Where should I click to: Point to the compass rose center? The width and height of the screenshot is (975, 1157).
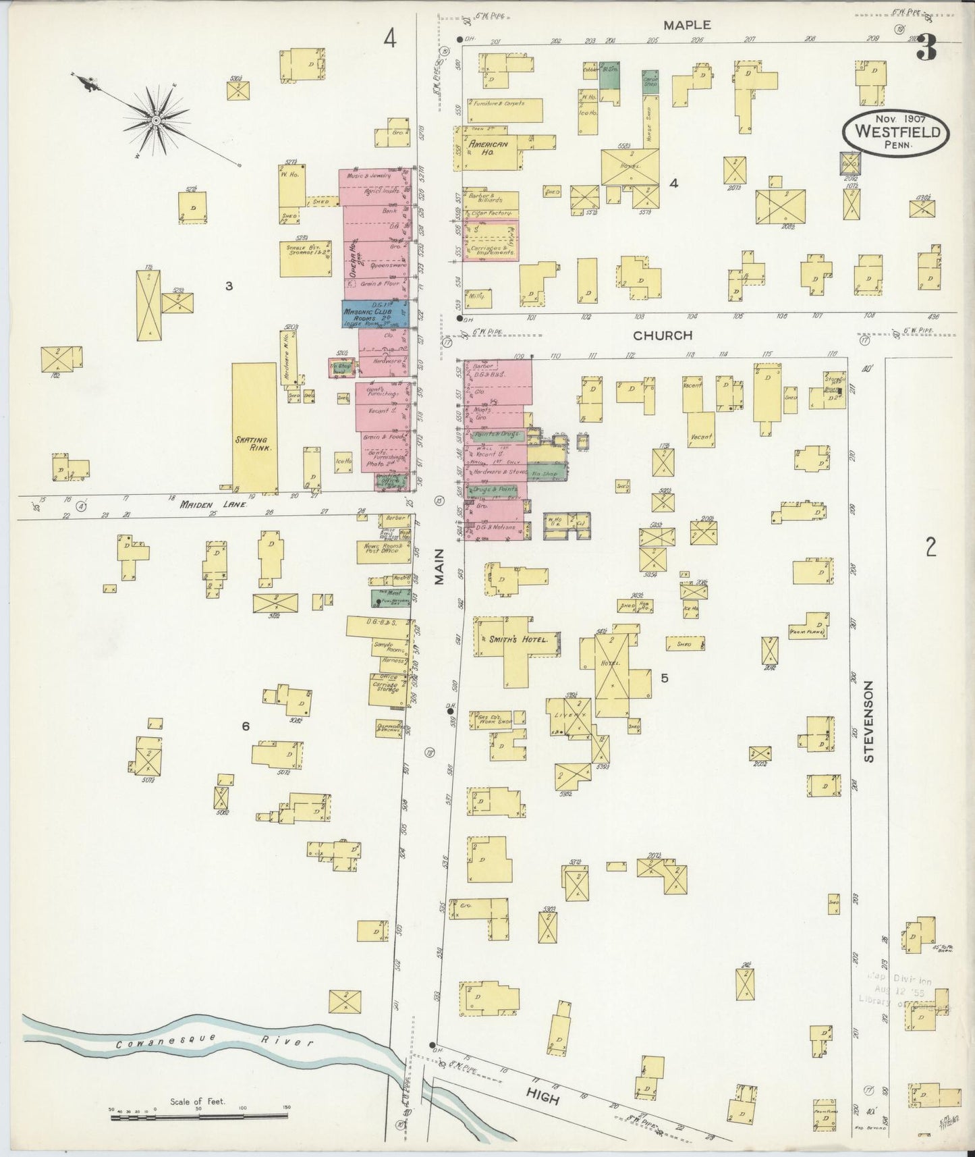click(x=156, y=120)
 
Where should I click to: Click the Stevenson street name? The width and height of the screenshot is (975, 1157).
click(x=868, y=722)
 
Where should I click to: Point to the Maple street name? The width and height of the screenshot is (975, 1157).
click(x=686, y=25)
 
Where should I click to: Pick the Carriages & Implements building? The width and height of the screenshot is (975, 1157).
click(x=492, y=242)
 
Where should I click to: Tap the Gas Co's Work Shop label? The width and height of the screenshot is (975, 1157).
click(x=495, y=719)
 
